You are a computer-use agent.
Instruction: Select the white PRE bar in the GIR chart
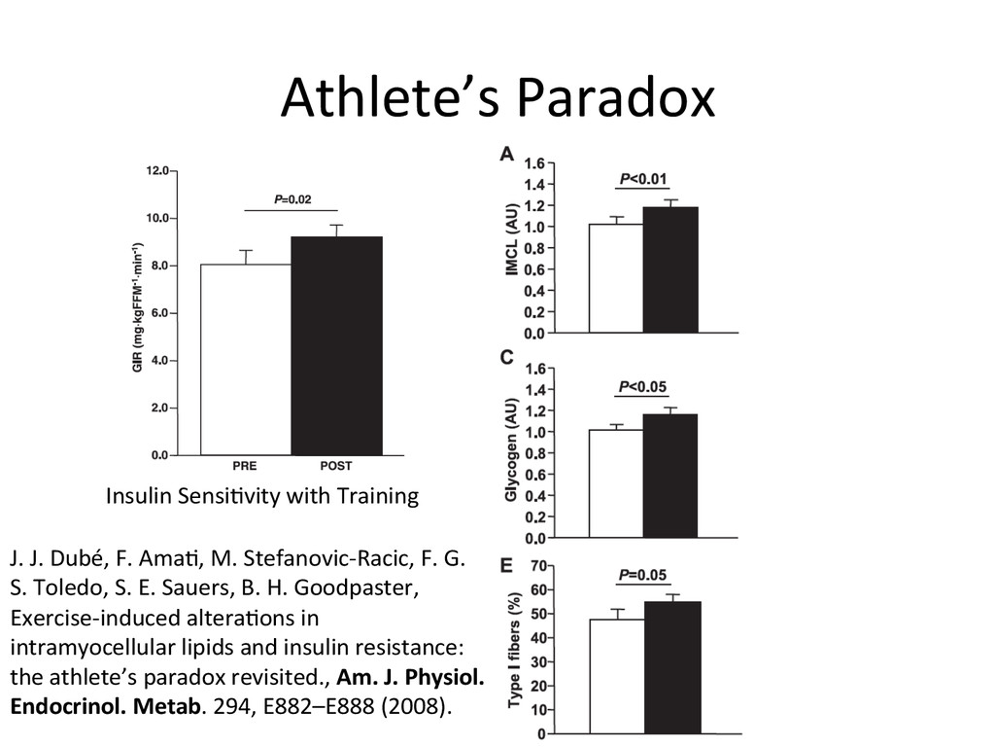coord(246,359)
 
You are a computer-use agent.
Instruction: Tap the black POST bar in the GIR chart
coord(336,345)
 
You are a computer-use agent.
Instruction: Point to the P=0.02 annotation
coord(292,199)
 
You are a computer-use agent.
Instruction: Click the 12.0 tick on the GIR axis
coord(157,170)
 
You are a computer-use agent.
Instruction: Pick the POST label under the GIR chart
coord(336,466)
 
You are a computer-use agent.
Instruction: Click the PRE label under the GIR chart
coord(245,466)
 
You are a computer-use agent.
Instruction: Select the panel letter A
coord(506,153)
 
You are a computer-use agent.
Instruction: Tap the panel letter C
coord(506,358)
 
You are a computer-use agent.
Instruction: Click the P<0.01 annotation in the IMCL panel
coord(643,178)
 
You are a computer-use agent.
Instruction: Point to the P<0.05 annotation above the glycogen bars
coord(643,385)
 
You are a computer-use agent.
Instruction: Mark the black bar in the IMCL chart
coord(671,269)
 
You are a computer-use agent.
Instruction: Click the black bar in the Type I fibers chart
coord(672,666)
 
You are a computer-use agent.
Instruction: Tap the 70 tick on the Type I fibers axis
coord(535,565)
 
